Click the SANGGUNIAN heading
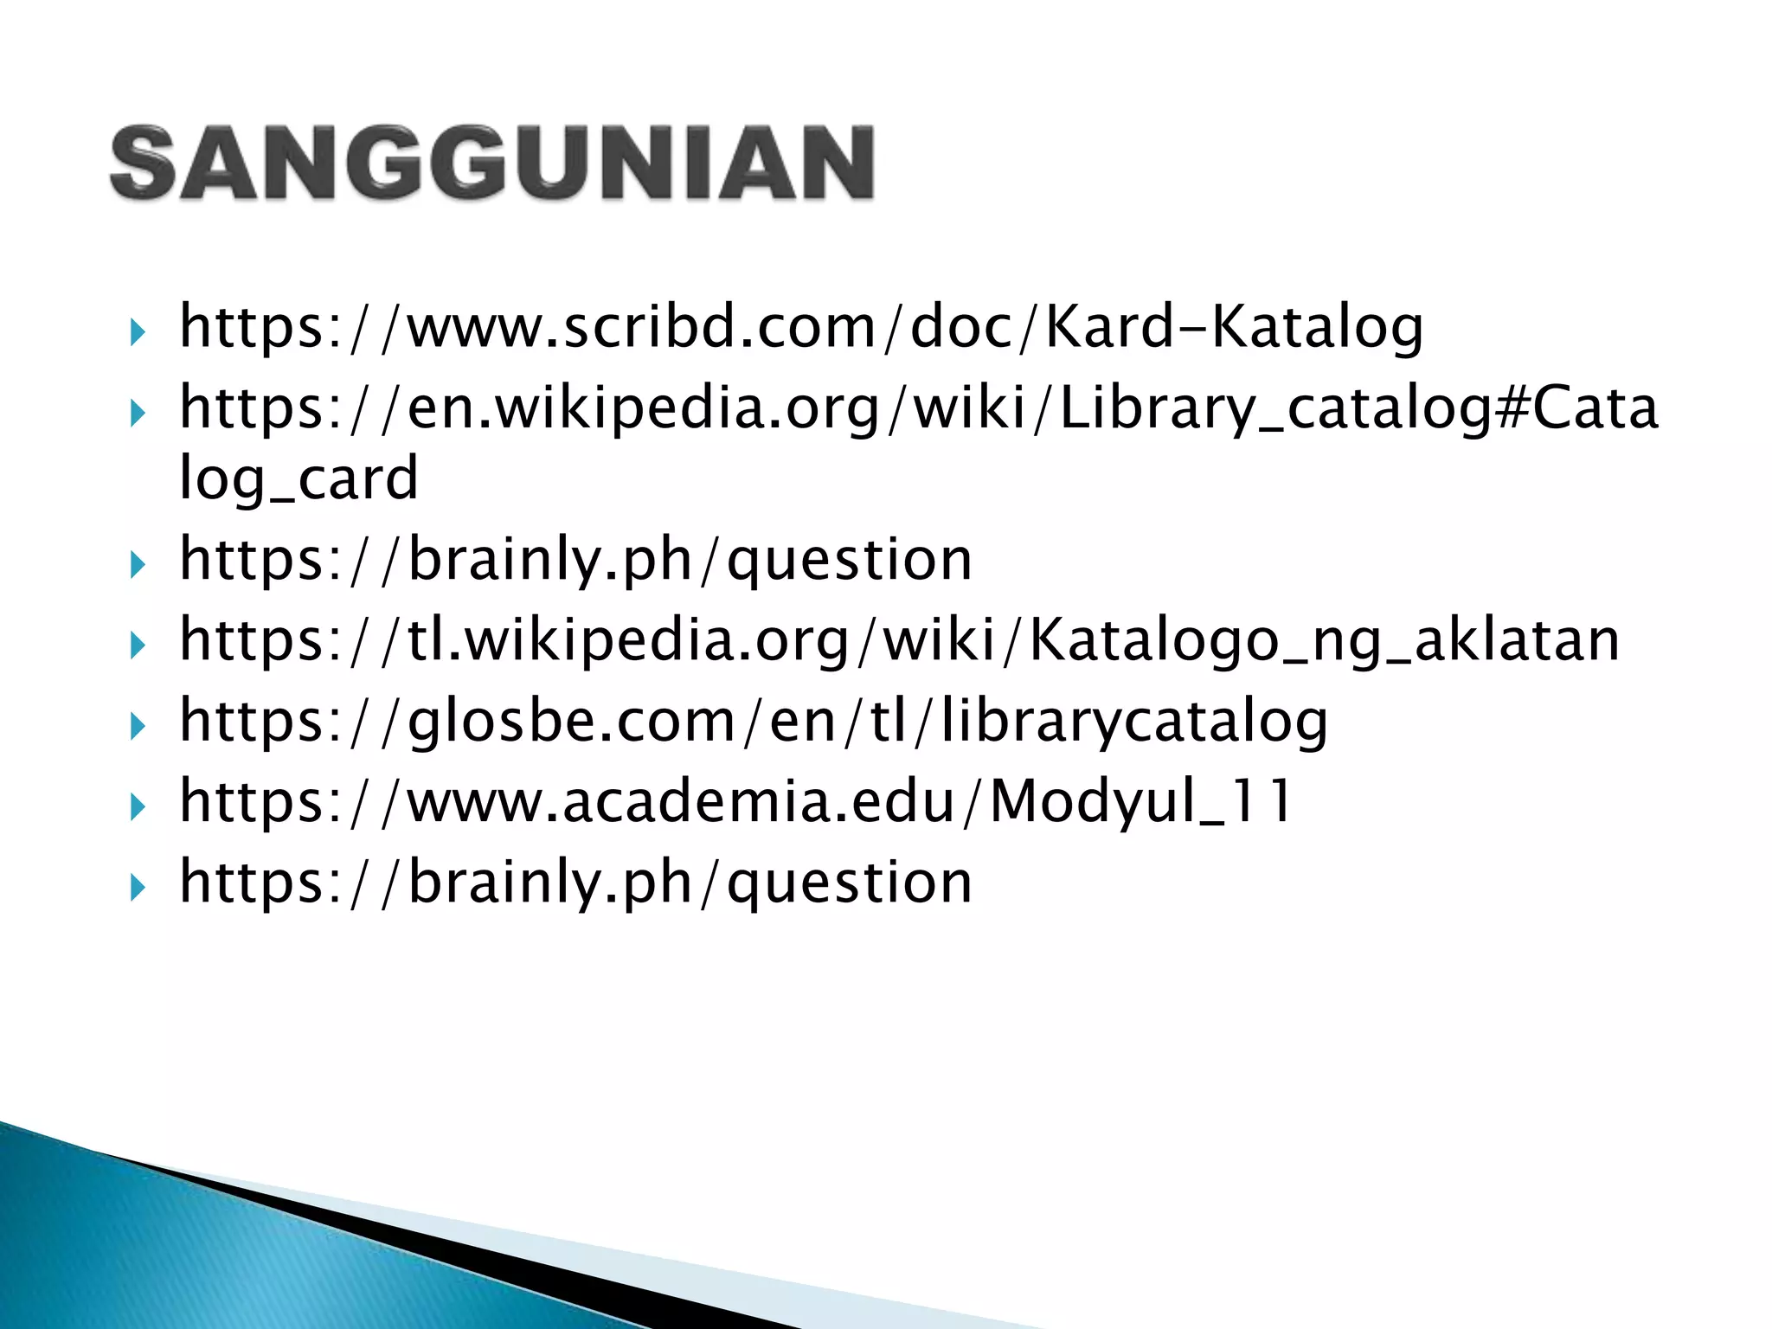[x=491, y=163]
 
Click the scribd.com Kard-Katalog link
[x=800, y=327]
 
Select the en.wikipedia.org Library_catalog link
[x=917, y=408]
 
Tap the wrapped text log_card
[x=299, y=478]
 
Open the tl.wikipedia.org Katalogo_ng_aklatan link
[x=899, y=640]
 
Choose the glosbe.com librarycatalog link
[x=753, y=721]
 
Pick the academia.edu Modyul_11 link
[x=735, y=801]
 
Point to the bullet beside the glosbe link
[x=137, y=726]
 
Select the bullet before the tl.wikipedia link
[x=137, y=645]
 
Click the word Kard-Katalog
[x=1234, y=327]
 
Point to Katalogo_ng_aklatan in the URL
[x=1324, y=640]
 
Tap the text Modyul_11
[x=1140, y=801]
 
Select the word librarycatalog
[x=1133, y=721]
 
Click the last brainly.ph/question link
[x=575, y=883]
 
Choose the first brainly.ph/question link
[x=575, y=560]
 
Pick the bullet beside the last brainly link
[x=137, y=888]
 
